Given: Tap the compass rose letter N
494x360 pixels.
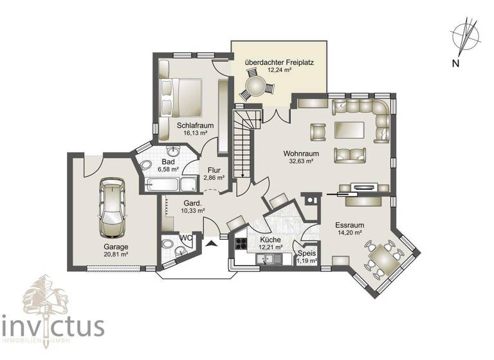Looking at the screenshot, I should click(x=455, y=62).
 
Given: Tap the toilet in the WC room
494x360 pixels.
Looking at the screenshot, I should click(x=169, y=245).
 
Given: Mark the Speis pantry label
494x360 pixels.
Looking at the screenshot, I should click(x=306, y=253).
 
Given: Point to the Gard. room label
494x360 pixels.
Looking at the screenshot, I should click(x=192, y=202).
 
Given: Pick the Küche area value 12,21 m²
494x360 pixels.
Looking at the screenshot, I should click(x=271, y=246).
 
